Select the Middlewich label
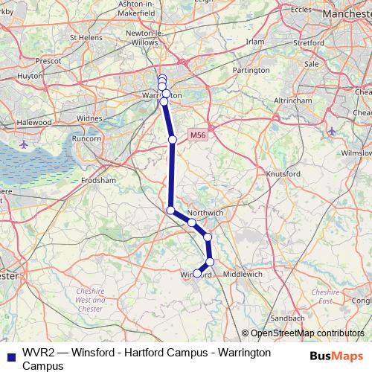244,274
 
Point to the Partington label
250,70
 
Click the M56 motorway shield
196,135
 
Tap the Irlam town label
255,42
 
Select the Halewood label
35,121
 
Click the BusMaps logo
336,356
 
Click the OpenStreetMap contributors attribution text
307,333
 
